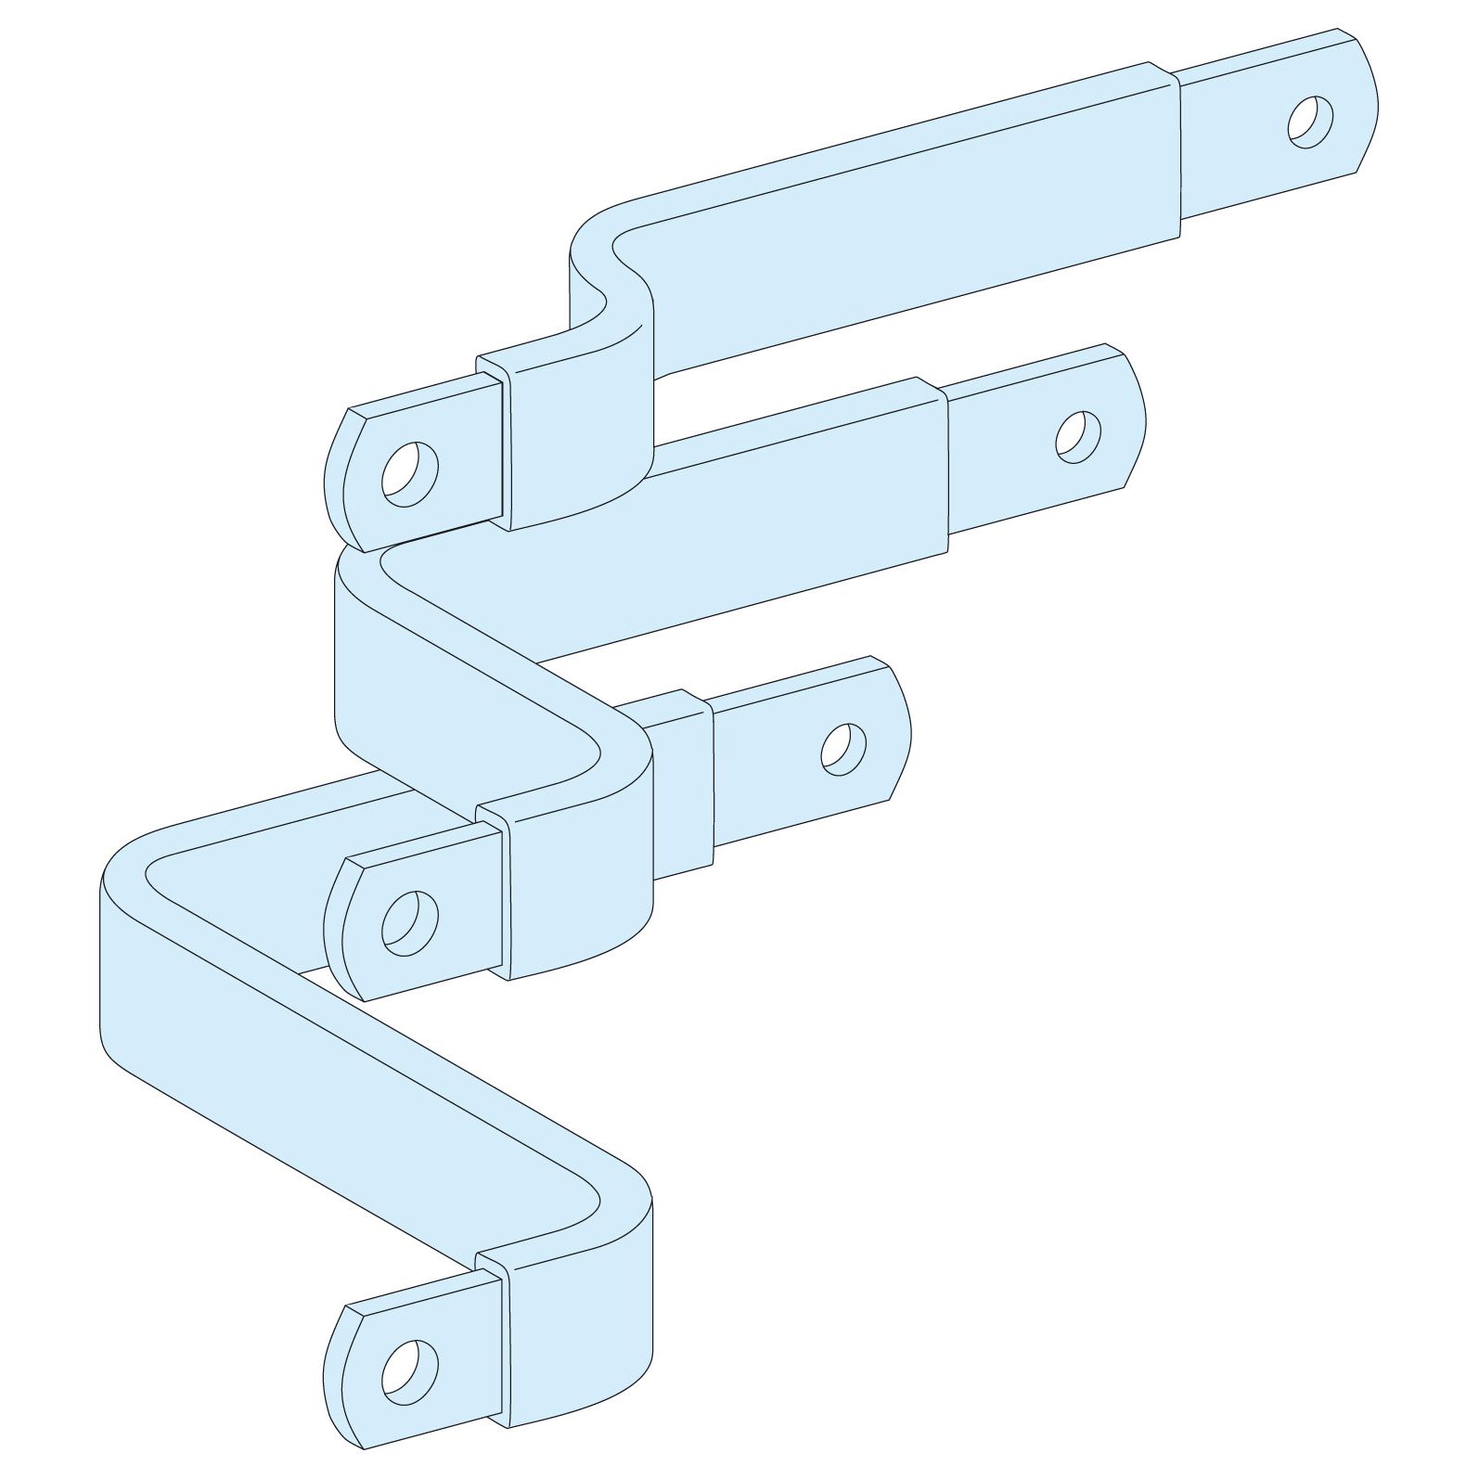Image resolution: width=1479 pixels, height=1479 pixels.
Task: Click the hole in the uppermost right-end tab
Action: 1310,121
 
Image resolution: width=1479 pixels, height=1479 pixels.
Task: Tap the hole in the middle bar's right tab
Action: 1078,435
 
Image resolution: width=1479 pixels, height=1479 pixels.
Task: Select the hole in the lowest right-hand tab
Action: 843,748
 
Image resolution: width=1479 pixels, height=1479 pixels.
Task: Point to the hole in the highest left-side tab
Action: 410,473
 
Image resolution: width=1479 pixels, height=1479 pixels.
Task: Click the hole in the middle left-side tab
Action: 410,921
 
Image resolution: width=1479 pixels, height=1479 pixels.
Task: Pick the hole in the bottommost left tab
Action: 410,1369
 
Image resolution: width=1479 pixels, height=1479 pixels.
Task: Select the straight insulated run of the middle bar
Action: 742,520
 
